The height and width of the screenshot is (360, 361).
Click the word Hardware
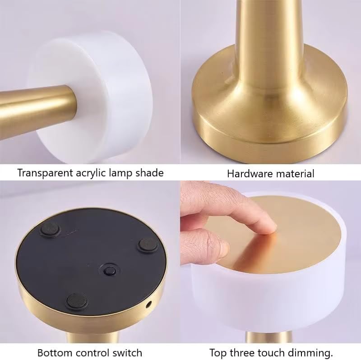tap(248, 173)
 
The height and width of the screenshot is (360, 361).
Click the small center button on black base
tap(109, 271)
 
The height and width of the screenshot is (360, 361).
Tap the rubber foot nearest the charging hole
tap(147, 245)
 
